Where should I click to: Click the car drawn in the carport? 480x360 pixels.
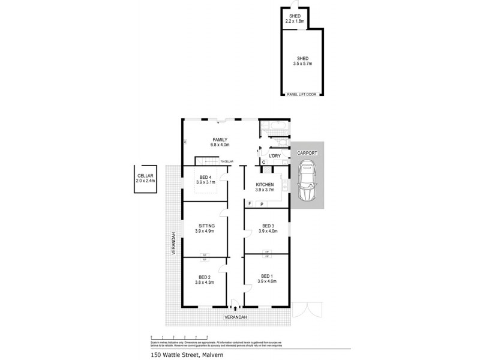[x=307, y=183]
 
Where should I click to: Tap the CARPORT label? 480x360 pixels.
[x=307, y=154]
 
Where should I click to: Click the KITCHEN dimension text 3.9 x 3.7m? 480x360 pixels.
[x=265, y=190]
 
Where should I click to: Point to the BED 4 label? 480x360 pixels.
[x=205, y=177]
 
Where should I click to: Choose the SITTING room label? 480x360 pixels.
[x=205, y=226]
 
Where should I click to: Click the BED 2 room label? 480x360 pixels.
[x=205, y=277]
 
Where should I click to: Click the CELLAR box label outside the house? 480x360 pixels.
[x=145, y=175]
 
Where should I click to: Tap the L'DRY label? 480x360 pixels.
[x=275, y=156]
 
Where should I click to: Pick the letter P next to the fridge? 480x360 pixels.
[x=262, y=205]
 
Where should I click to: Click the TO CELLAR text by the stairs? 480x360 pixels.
[x=226, y=161]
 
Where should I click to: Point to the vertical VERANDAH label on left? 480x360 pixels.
[x=172, y=244]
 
